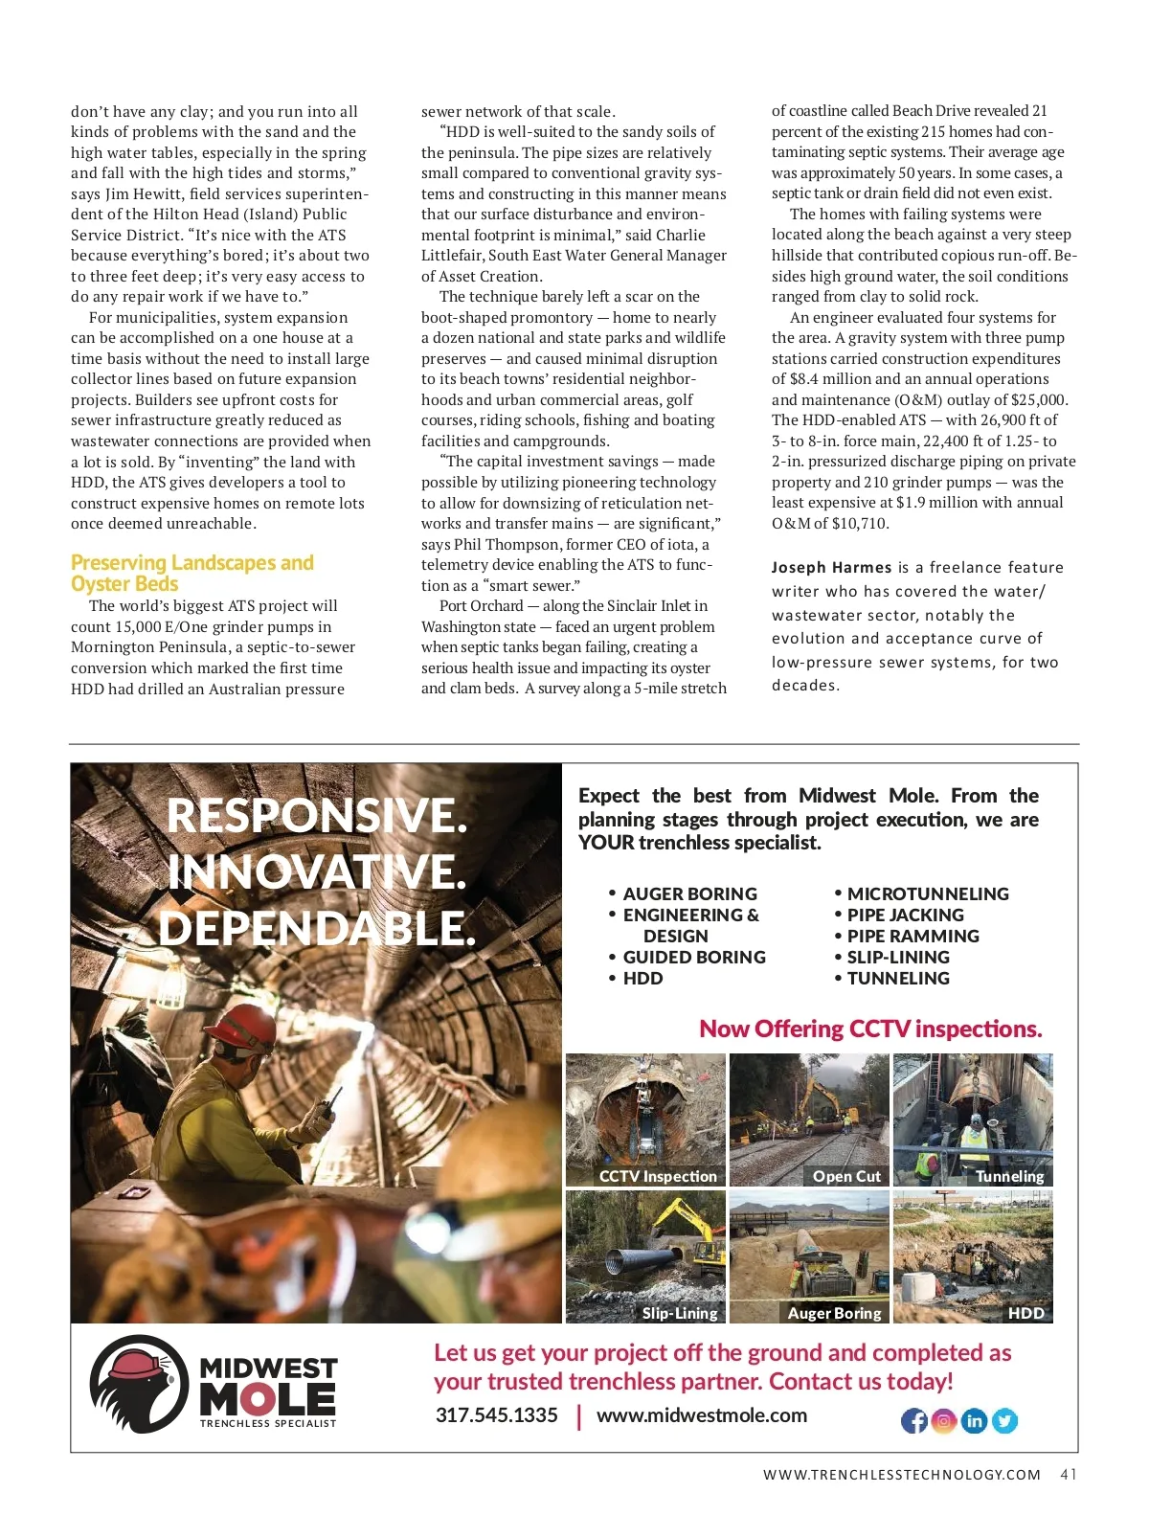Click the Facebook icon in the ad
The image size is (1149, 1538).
click(914, 1421)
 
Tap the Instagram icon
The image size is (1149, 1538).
click(944, 1421)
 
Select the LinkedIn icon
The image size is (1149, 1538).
click(974, 1421)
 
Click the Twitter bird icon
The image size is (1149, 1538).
click(1004, 1421)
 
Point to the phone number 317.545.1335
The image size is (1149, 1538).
click(496, 1415)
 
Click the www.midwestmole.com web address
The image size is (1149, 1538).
click(701, 1415)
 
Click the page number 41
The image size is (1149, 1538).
click(1069, 1475)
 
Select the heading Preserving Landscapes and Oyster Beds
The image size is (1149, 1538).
click(191, 573)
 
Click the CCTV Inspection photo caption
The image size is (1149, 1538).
click(658, 1176)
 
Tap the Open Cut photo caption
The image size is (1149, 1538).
click(846, 1176)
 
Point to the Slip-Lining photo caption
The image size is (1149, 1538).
click(680, 1313)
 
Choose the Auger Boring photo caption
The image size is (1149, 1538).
click(834, 1313)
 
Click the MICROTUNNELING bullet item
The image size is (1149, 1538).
click(927, 893)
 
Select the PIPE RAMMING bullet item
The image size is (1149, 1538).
click(912, 936)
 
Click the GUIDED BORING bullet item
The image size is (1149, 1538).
click(694, 957)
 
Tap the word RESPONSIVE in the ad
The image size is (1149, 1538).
click(317, 816)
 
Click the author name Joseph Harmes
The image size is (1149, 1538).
click(831, 568)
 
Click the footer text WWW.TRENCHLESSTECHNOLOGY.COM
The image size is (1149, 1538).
click(902, 1475)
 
